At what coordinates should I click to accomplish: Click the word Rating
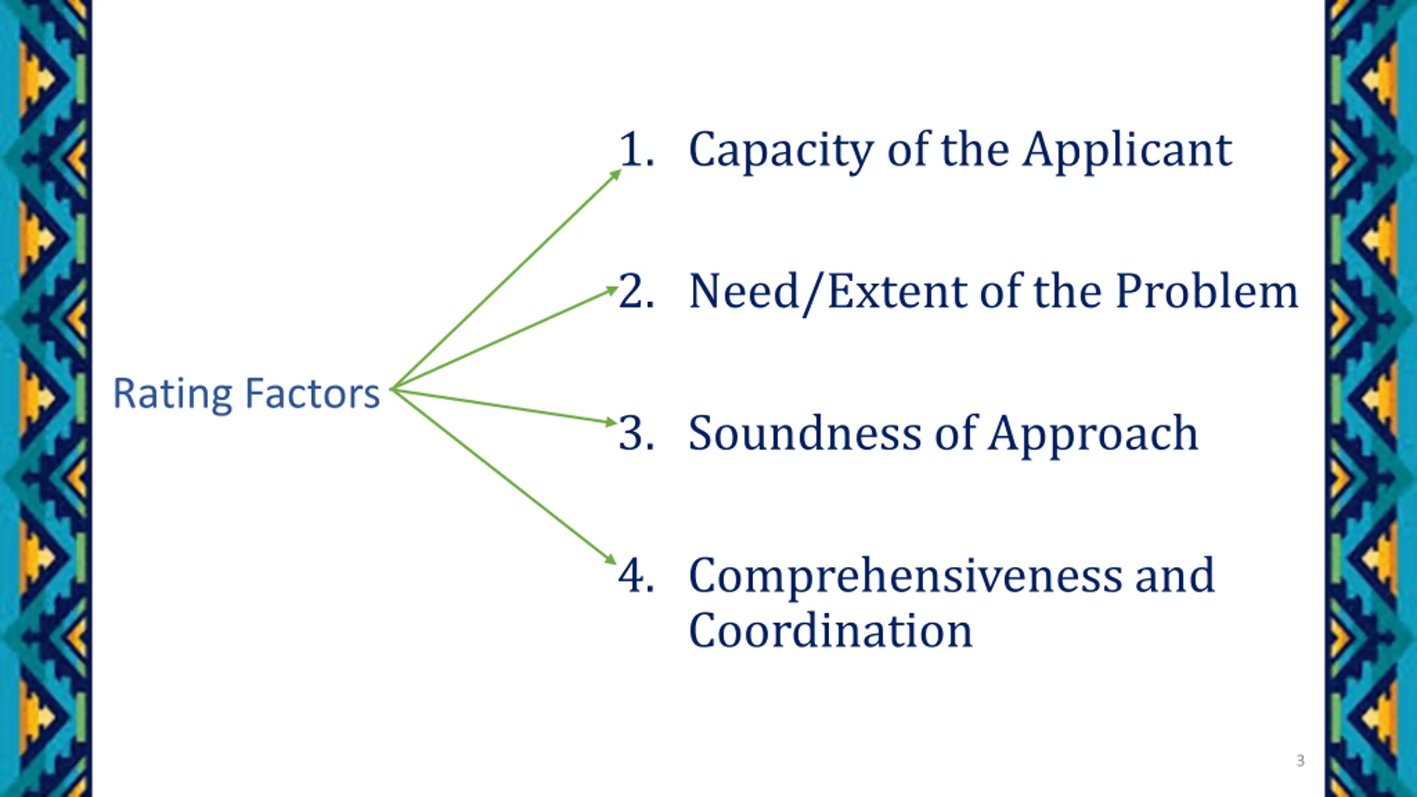(172, 394)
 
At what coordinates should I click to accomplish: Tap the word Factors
(312, 394)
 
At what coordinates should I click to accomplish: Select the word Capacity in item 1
(780, 151)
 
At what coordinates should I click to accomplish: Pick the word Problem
(1207, 292)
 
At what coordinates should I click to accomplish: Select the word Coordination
(830, 631)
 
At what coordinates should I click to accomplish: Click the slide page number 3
(1300, 760)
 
